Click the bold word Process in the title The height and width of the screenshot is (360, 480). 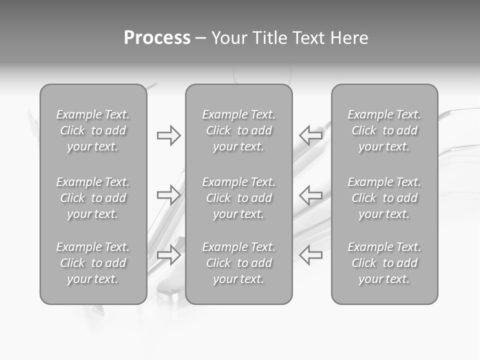157,38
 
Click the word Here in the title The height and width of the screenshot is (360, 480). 348,38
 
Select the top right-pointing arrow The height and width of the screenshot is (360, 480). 168,135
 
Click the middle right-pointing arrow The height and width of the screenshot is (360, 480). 168,195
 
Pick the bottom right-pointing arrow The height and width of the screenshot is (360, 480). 168,254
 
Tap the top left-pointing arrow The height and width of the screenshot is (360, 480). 310,135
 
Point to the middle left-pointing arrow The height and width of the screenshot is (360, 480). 310,195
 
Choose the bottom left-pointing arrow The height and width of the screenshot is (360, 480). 310,254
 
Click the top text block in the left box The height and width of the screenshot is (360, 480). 93,130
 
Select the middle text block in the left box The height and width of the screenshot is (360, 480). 93,198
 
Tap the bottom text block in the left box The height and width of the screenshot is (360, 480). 93,263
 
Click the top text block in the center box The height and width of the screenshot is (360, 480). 238,130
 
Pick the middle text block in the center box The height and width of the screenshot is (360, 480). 238,198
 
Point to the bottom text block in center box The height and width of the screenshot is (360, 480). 238,263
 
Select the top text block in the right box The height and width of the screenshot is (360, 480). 384,130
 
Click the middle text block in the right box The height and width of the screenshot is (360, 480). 384,198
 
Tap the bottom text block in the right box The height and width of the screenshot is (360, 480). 384,263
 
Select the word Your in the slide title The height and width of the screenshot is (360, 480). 228,38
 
